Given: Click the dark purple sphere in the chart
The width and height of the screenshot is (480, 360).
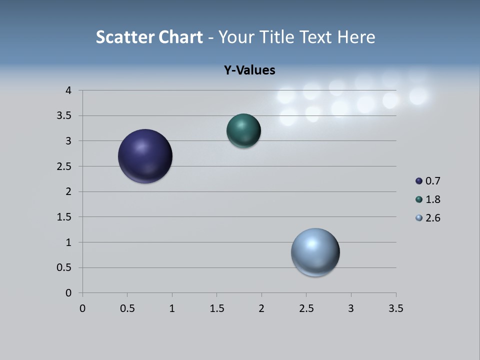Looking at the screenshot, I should [145, 156].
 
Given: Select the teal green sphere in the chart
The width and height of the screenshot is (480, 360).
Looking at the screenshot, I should [243, 130].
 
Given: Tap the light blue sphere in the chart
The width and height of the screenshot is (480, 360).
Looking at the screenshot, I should [315, 252].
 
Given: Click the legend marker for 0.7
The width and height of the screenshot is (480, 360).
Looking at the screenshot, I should [419, 181].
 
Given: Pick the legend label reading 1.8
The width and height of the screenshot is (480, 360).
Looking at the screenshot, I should [432, 199].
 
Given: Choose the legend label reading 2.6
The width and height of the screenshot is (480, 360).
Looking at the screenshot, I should [432, 218].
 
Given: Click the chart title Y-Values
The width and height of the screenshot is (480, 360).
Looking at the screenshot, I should [249, 70].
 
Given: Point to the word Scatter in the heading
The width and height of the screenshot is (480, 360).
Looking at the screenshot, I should [125, 37].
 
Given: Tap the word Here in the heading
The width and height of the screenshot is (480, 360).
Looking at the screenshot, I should [355, 37].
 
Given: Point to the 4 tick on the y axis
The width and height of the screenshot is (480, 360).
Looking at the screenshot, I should [68, 90].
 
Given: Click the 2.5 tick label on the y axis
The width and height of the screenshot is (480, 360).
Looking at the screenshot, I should [64, 166].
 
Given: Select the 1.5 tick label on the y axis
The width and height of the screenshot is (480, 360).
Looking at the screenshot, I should [64, 217].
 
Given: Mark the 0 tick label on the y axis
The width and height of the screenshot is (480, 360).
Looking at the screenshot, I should [68, 293].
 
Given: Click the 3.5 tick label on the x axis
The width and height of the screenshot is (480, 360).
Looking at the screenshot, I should [395, 308].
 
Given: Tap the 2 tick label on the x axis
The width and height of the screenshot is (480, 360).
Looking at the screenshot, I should [261, 308].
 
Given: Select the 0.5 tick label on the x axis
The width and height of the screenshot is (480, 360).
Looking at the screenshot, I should [127, 308].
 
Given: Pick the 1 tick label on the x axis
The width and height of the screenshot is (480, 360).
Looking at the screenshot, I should [172, 308].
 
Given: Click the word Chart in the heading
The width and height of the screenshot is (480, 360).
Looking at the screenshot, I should [180, 37].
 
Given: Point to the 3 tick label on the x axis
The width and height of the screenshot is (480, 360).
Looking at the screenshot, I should [351, 308].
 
